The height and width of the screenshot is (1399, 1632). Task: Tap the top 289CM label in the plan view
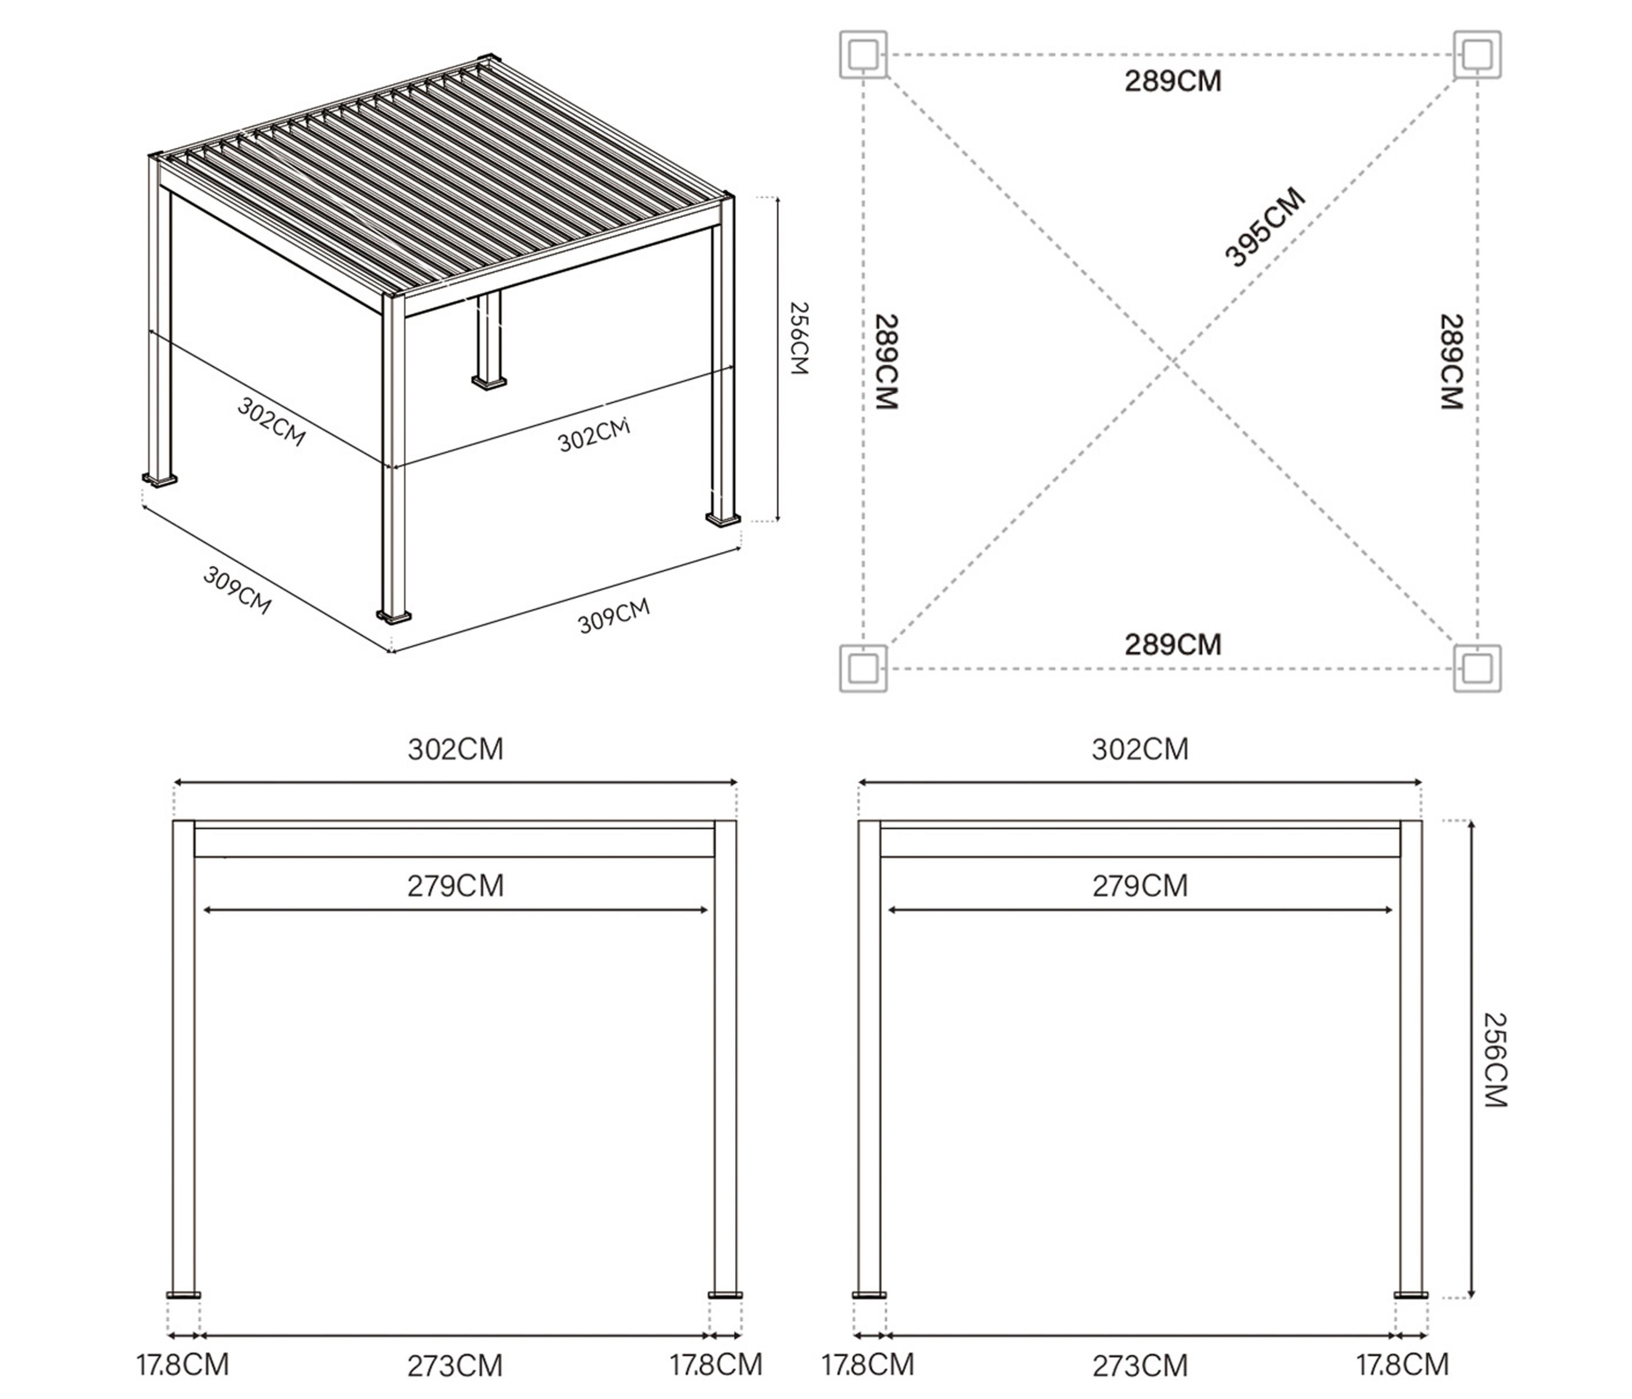pos(1173,81)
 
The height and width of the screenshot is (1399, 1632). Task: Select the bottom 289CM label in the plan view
pos(1173,644)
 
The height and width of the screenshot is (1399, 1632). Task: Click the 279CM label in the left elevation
pos(455,886)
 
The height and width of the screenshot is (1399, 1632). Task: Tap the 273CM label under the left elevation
pos(455,1365)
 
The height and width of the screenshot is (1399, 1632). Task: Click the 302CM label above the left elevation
pos(455,749)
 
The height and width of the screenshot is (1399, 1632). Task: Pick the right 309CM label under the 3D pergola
pos(615,616)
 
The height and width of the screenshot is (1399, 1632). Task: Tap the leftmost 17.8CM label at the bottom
pos(183,1364)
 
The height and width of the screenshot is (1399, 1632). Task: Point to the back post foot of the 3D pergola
pos(490,382)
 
